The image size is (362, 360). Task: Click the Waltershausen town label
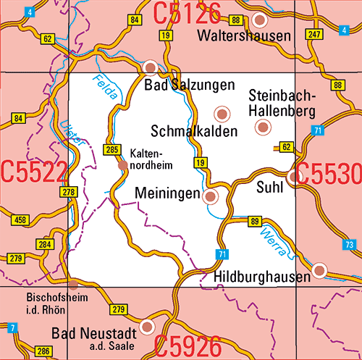tap(248, 35)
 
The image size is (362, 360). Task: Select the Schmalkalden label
tap(194, 130)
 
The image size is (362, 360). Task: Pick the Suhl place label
tap(270, 188)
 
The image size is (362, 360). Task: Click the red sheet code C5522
tap(34, 172)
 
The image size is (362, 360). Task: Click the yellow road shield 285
tap(111, 150)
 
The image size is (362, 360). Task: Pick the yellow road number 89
tap(254, 221)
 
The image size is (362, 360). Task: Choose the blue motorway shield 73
tap(350, 244)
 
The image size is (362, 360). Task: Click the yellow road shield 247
tap(313, 34)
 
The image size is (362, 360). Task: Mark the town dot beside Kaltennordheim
tap(122, 166)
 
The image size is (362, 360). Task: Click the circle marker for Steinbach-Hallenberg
tap(262, 127)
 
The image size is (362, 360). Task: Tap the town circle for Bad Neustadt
tap(147, 327)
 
